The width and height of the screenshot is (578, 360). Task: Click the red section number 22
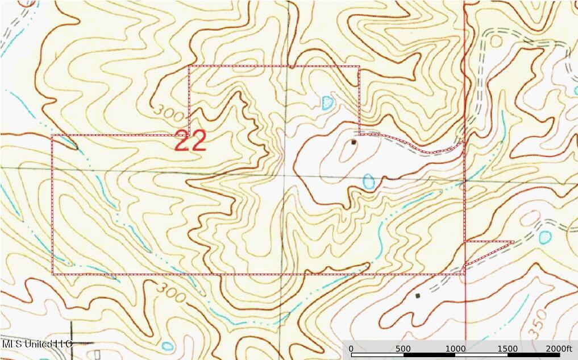click(x=190, y=142)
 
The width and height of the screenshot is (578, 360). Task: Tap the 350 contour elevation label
click(x=540, y=319)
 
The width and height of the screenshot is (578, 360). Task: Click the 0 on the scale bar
click(x=351, y=349)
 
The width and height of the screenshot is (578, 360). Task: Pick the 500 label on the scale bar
click(x=403, y=349)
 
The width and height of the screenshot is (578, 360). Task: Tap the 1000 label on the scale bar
click(x=455, y=349)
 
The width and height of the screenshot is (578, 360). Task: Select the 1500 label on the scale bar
click(x=507, y=349)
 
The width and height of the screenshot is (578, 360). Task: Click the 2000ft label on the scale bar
click(x=560, y=349)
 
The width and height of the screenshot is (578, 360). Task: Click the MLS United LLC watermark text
click(x=38, y=344)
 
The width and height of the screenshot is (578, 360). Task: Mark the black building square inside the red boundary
click(x=354, y=142)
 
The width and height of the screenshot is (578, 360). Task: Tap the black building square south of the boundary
click(x=418, y=296)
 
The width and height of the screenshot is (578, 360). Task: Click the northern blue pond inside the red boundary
click(x=327, y=103)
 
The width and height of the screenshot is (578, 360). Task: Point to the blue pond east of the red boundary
click(x=545, y=236)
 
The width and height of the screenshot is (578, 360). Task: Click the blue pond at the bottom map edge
click(x=167, y=346)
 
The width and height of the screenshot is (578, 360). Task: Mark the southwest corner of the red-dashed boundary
click(x=53, y=274)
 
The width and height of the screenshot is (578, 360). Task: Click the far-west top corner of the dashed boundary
click(x=53, y=135)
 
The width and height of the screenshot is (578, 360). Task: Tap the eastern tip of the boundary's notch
click(x=513, y=242)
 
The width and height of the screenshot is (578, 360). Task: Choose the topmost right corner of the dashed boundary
click(x=359, y=67)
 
